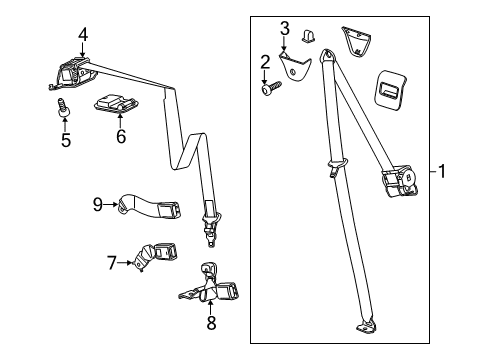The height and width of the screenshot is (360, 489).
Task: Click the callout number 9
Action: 98,205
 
